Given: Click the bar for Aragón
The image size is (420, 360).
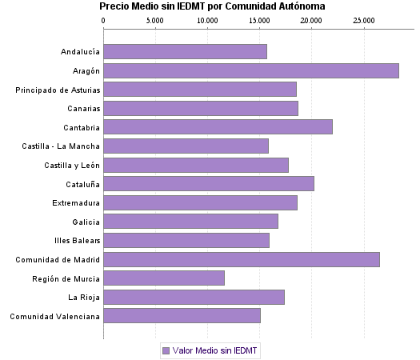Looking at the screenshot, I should (x=251, y=70).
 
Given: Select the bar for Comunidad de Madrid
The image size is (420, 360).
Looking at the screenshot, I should (x=242, y=260).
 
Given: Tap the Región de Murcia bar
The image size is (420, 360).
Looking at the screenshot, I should (x=164, y=278).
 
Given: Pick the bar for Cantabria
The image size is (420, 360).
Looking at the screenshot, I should (x=218, y=126).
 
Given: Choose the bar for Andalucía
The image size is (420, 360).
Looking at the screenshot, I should (x=186, y=52).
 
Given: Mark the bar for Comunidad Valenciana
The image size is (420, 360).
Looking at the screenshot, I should (x=182, y=316).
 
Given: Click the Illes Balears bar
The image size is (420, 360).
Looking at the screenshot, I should (x=186, y=241).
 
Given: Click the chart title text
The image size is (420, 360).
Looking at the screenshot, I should (x=206, y=6).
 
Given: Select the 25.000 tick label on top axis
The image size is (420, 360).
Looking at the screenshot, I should (x=364, y=19).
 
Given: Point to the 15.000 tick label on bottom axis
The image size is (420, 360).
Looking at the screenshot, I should (x=260, y=346).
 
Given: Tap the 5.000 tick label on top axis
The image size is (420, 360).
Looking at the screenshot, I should (x=155, y=19).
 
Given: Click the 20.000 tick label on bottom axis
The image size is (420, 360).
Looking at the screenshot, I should (x=312, y=346).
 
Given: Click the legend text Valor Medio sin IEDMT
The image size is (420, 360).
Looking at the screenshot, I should (x=216, y=350).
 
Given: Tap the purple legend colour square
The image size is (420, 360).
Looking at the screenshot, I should (x=166, y=350).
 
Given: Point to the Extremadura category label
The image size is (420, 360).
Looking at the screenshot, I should (x=76, y=202).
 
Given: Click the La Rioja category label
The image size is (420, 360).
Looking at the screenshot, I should (x=83, y=298).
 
